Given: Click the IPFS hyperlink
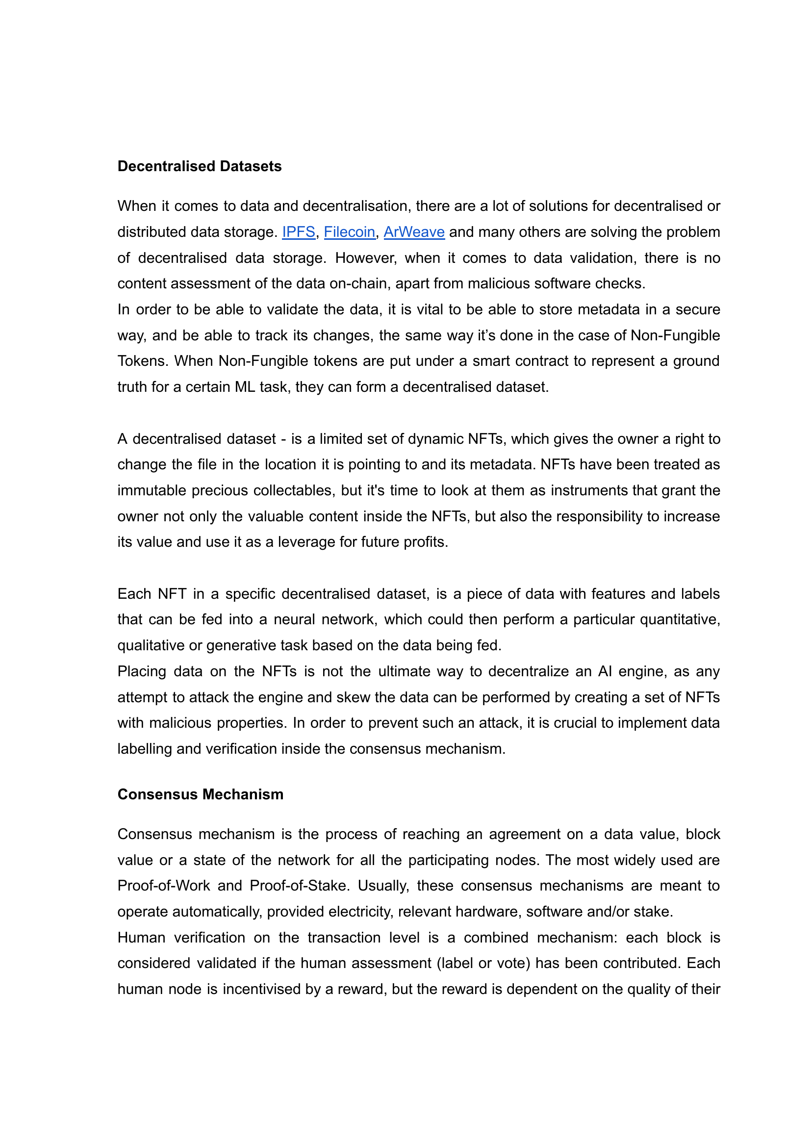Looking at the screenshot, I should pos(299,232).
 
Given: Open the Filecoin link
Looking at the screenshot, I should pos(350,232).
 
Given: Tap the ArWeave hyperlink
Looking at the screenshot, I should pos(414,232).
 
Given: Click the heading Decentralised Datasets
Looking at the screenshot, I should pos(200,166).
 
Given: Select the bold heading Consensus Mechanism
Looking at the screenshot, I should pos(201,794).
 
